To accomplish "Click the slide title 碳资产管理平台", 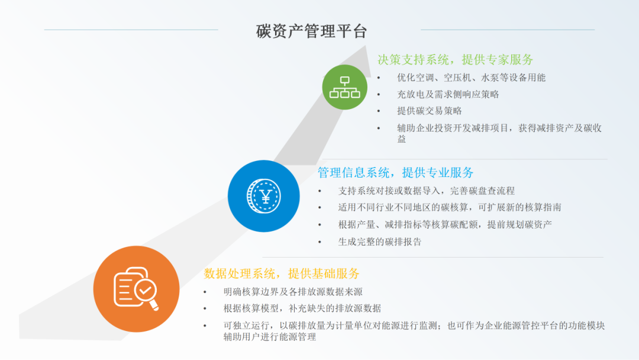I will (311, 31).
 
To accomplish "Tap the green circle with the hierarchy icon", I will (344, 86).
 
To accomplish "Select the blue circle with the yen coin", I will (264, 196).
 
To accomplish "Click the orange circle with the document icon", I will (136, 289).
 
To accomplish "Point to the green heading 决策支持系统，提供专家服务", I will (456, 59).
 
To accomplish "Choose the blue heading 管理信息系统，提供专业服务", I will (395, 173).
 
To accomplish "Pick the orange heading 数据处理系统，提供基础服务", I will (282, 274).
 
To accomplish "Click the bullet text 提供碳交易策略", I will (430, 111).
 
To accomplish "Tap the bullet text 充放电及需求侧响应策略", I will (448, 94).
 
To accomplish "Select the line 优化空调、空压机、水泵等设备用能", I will (471, 78).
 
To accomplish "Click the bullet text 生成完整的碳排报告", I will (380, 242).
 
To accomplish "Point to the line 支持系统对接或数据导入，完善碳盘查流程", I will (426, 191).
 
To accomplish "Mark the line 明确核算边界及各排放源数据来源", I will (293, 291).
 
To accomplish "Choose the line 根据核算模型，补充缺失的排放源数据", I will (302, 308).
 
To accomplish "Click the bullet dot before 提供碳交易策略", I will (379, 111).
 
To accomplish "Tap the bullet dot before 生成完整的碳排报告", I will (320, 242).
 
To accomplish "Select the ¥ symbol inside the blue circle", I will (264, 195).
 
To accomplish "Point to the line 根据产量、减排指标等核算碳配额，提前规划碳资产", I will (445, 224).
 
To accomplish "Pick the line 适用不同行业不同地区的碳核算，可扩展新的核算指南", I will (450, 208).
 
